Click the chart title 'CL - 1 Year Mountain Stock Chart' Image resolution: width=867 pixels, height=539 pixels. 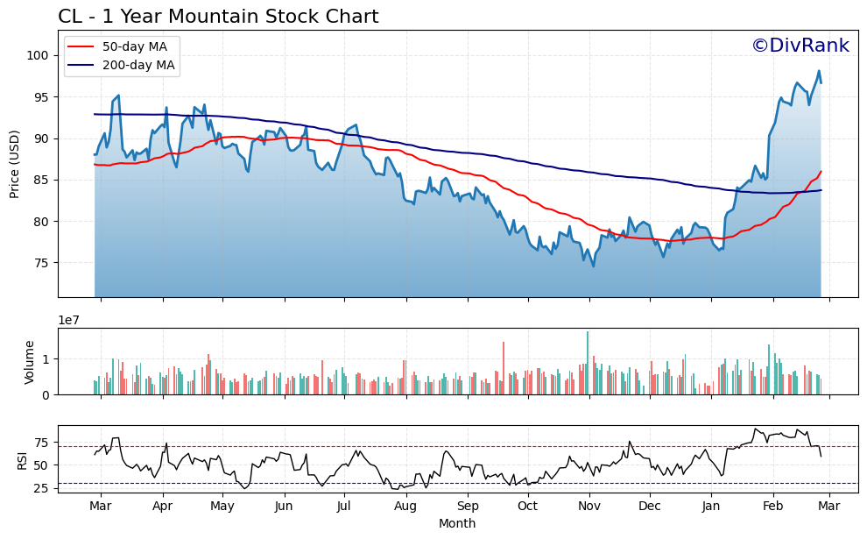point(218,17)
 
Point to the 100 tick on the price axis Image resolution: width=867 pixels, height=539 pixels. point(39,55)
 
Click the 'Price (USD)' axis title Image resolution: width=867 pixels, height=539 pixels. point(15,164)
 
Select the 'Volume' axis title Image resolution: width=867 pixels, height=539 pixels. point(30,362)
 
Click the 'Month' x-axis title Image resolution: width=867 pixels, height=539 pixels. point(457,523)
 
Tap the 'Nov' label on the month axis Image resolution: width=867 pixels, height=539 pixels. point(589,506)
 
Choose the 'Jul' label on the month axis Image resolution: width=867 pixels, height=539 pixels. point(344,506)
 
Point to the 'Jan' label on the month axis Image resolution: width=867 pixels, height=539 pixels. point(711,506)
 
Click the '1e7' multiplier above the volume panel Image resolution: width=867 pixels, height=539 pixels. point(70,320)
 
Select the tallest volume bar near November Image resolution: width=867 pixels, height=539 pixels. point(588,363)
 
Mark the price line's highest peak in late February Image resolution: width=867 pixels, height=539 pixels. point(819,71)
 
